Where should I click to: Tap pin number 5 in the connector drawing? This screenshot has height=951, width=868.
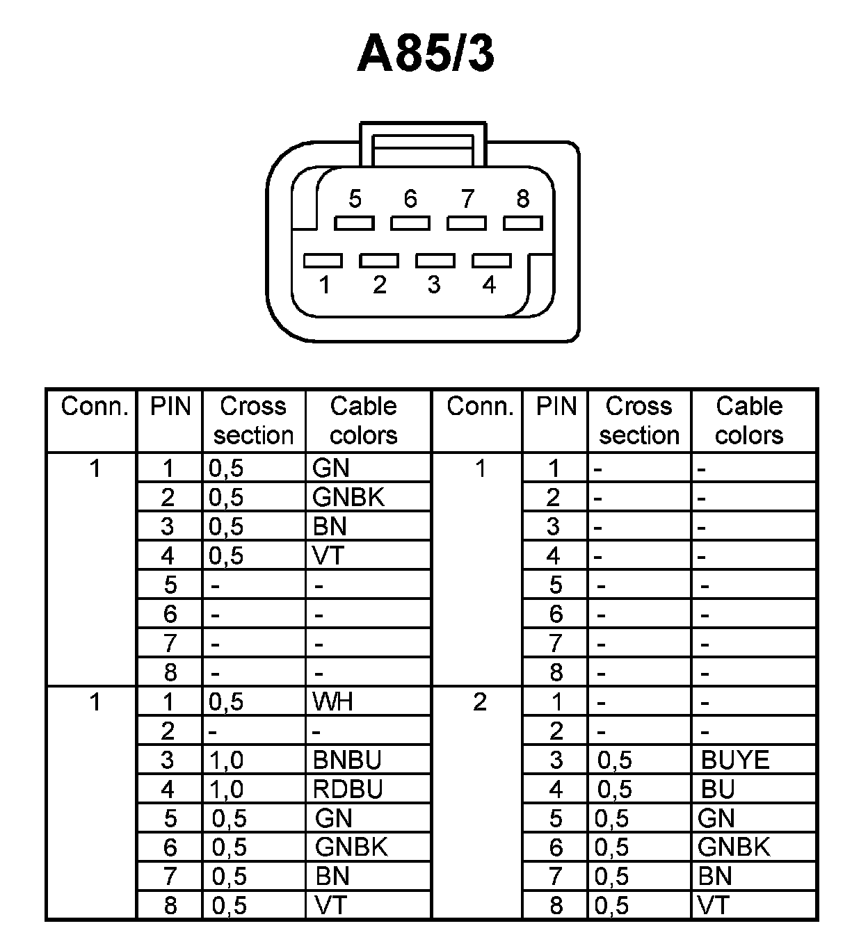click(355, 200)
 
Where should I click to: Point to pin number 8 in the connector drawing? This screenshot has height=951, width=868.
click(522, 200)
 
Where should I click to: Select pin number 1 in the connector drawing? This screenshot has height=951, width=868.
click(324, 284)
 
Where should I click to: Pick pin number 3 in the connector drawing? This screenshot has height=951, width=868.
click(434, 284)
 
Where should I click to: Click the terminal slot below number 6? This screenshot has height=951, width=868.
click(410, 223)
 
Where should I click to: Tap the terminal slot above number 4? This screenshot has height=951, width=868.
click(492, 261)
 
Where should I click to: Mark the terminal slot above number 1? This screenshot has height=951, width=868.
click(323, 261)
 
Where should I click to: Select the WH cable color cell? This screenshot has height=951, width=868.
click(334, 702)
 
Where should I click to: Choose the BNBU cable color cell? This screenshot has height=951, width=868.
click(348, 761)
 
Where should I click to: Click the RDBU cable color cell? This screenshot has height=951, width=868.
click(348, 790)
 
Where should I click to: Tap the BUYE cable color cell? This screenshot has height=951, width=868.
click(735, 761)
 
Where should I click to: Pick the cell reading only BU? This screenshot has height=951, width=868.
click(718, 790)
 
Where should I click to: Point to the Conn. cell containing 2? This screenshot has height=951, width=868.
click(479, 702)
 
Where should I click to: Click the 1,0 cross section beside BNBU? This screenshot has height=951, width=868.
click(227, 761)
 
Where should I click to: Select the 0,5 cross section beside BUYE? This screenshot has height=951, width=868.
click(615, 761)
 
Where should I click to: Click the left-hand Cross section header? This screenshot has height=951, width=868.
click(253, 421)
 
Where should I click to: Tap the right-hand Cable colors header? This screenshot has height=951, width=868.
click(749, 421)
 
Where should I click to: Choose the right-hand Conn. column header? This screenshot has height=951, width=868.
click(480, 407)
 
